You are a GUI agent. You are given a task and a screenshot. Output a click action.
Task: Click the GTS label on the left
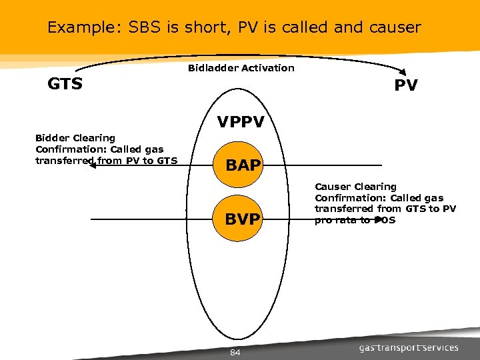[65, 84]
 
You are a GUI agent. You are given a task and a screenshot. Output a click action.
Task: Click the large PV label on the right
[405, 85]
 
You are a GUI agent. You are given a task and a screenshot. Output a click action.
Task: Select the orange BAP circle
[243, 165]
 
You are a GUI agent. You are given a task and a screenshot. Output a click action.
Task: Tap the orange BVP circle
[242, 219]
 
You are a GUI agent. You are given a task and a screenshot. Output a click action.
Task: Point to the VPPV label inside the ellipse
[241, 123]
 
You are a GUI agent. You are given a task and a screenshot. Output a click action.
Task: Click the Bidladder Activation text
[241, 67]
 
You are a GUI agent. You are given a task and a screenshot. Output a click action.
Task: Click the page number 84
[235, 352]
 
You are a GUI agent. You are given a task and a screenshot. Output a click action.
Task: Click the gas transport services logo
[409, 347]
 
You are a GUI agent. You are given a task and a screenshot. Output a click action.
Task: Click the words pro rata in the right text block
[336, 220]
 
